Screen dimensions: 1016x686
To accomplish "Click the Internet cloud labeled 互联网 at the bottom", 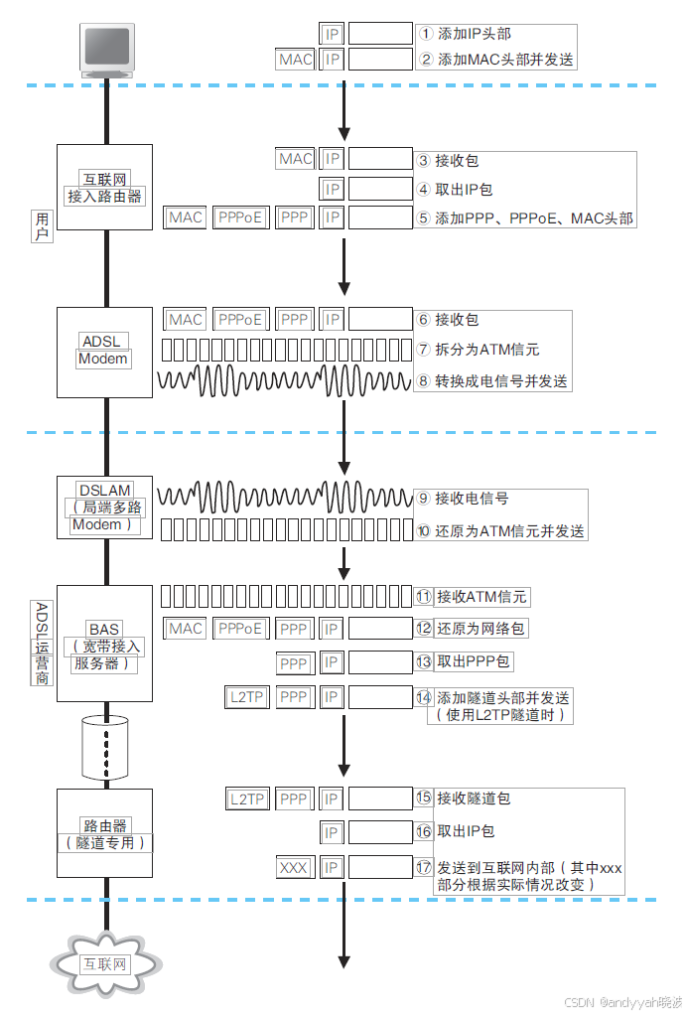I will [104, 963].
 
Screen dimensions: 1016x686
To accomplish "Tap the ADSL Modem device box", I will [104, 351].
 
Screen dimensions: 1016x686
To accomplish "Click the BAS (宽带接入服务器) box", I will [104, 646].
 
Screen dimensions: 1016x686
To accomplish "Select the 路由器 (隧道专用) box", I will [104, 833].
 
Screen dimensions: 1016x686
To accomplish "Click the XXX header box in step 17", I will [294, 868].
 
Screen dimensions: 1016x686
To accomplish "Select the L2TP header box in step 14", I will [246, 697].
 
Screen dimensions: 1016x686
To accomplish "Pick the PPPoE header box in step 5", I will [241, 217].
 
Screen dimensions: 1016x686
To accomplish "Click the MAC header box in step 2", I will [295, 60].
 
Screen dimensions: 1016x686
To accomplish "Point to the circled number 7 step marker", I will [423, 350].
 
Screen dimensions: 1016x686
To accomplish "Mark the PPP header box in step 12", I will [294, 629].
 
